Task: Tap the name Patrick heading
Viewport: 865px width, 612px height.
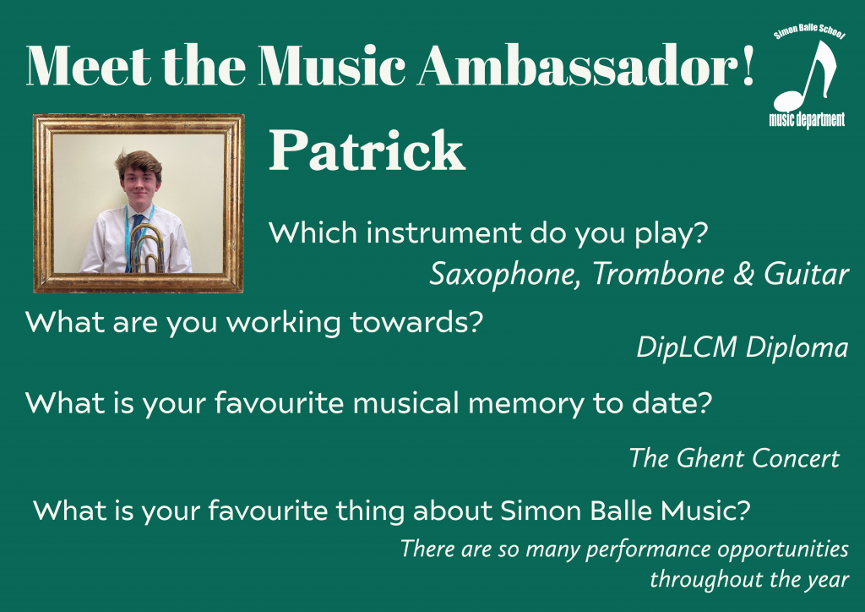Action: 367,150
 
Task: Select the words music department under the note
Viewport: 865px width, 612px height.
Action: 807,120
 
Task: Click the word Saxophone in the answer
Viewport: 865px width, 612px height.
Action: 504,275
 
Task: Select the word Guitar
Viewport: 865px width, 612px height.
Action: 806,274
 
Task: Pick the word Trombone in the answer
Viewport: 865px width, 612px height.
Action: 658,274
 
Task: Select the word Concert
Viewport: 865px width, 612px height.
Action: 795,458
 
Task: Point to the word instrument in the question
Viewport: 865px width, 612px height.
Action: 443,232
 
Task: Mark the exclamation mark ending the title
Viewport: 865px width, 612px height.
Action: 748,65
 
